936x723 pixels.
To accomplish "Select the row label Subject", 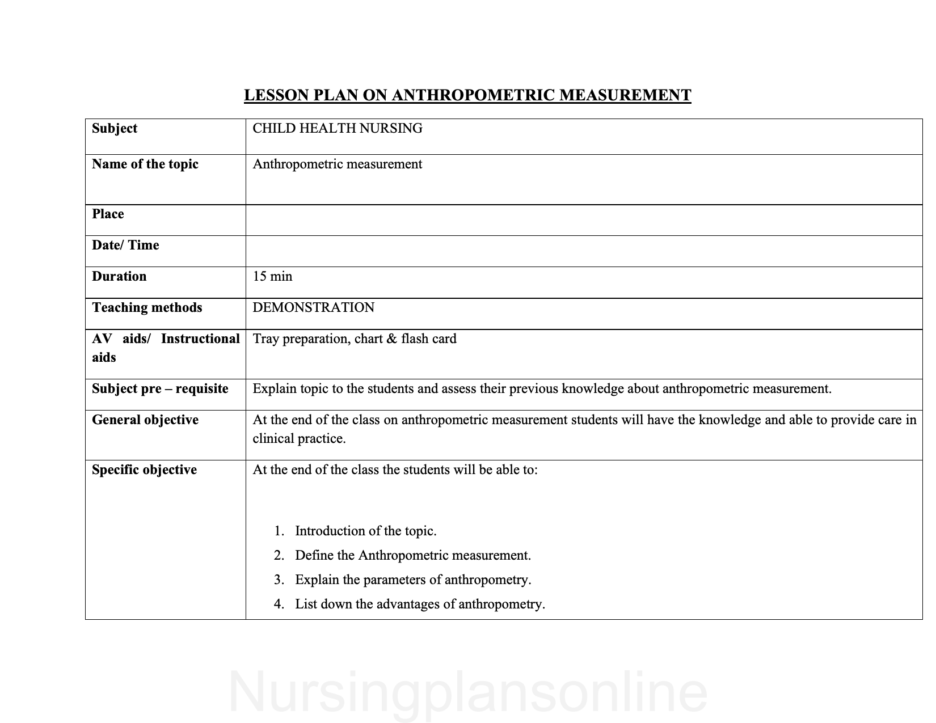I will tap(115, 129).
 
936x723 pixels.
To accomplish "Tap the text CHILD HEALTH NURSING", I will tap(338, 129).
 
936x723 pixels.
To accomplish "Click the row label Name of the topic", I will tap(145, 164).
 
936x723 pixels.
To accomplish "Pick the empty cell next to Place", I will tap(584, 220).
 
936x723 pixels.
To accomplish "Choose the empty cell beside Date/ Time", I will tap(584, 251).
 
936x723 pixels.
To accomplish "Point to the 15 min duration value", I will tap(272, 277).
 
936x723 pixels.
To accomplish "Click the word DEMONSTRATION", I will tap(314, 308).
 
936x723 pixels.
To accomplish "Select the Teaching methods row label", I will tap(147, 308).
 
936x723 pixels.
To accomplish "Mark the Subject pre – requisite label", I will tap(160, 389).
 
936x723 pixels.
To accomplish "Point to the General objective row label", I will tap(145, 420).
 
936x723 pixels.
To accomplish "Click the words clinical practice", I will tap(298, 439).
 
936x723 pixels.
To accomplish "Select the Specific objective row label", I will tap(144, 470).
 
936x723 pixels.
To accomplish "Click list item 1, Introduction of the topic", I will tap(365, 531).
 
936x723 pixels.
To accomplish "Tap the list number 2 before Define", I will tap(279, 556).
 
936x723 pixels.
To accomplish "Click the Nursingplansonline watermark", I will tap(468, 693).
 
